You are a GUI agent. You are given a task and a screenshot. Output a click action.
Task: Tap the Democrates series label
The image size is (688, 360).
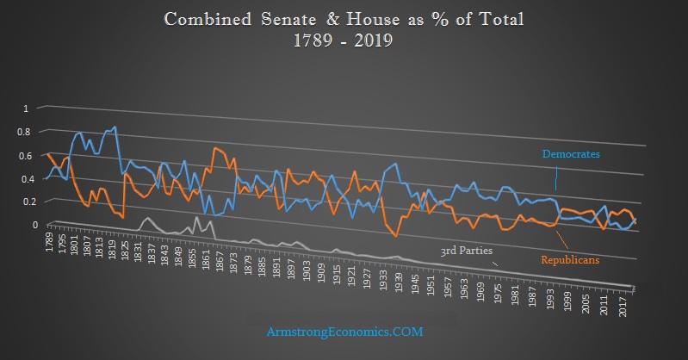pyautogui.click(x=570, y=154)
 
